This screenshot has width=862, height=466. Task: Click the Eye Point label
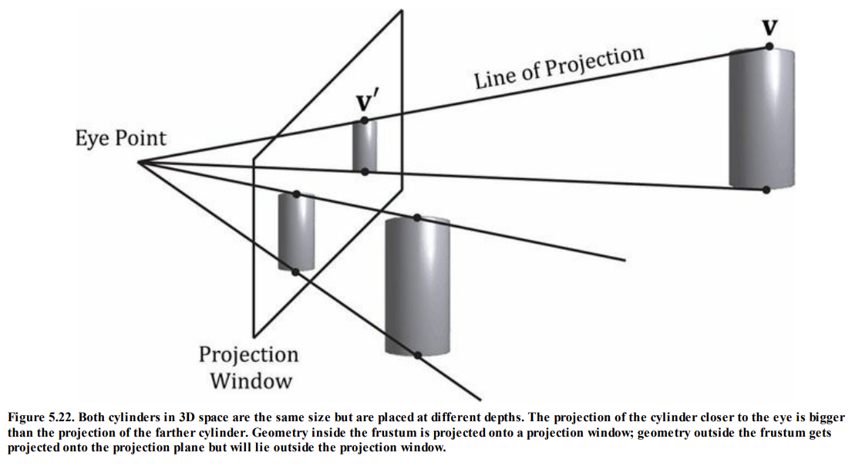tap(120, 138)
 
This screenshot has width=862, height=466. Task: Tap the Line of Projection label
tap(558, 68)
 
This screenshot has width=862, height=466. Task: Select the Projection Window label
tap(248, 367)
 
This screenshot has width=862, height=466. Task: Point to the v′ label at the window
tap(369, 103)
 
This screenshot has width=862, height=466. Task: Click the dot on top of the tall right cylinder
tap(769, 47)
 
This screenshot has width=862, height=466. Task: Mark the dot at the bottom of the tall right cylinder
tap(766, 189)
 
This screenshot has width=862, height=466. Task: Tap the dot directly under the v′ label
tap(365, 120)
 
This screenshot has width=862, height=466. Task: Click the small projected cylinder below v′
tap(365, 146)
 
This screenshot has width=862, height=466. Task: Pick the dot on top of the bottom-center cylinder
tap(417, 218)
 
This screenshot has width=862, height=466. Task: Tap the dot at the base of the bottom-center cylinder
tap(417, 355)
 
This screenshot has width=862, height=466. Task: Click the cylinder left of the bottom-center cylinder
tap(296, 231)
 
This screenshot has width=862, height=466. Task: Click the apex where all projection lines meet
tap(139, 162)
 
